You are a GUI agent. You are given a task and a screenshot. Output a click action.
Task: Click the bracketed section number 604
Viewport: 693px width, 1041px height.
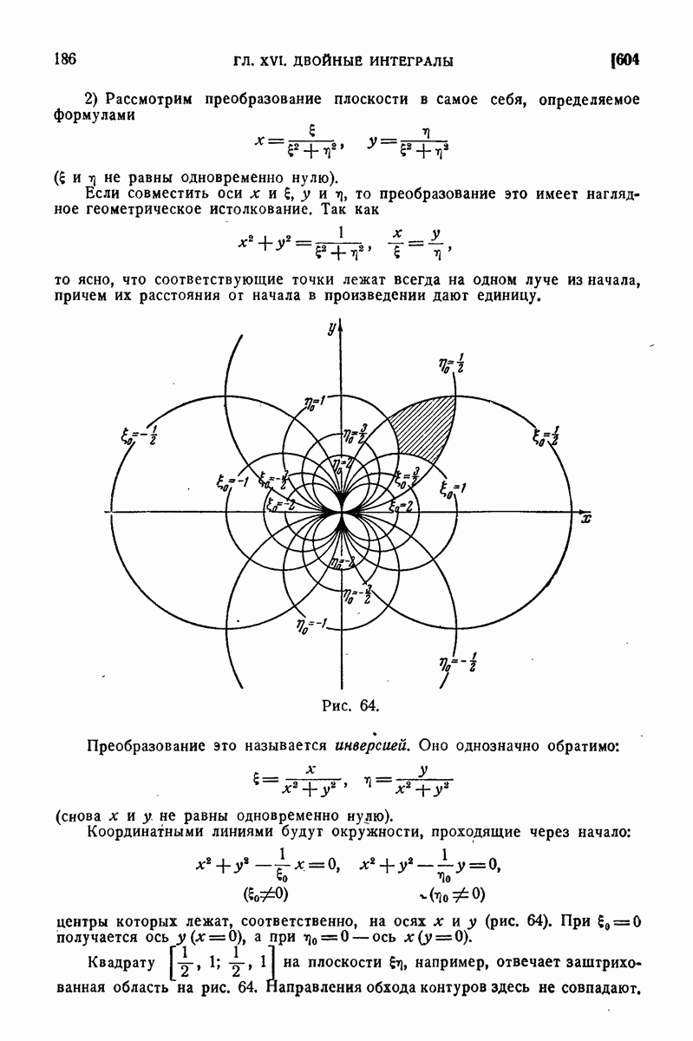pos(625,60)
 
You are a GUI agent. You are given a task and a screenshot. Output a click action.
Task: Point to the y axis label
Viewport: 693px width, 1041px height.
pos(331,327)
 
